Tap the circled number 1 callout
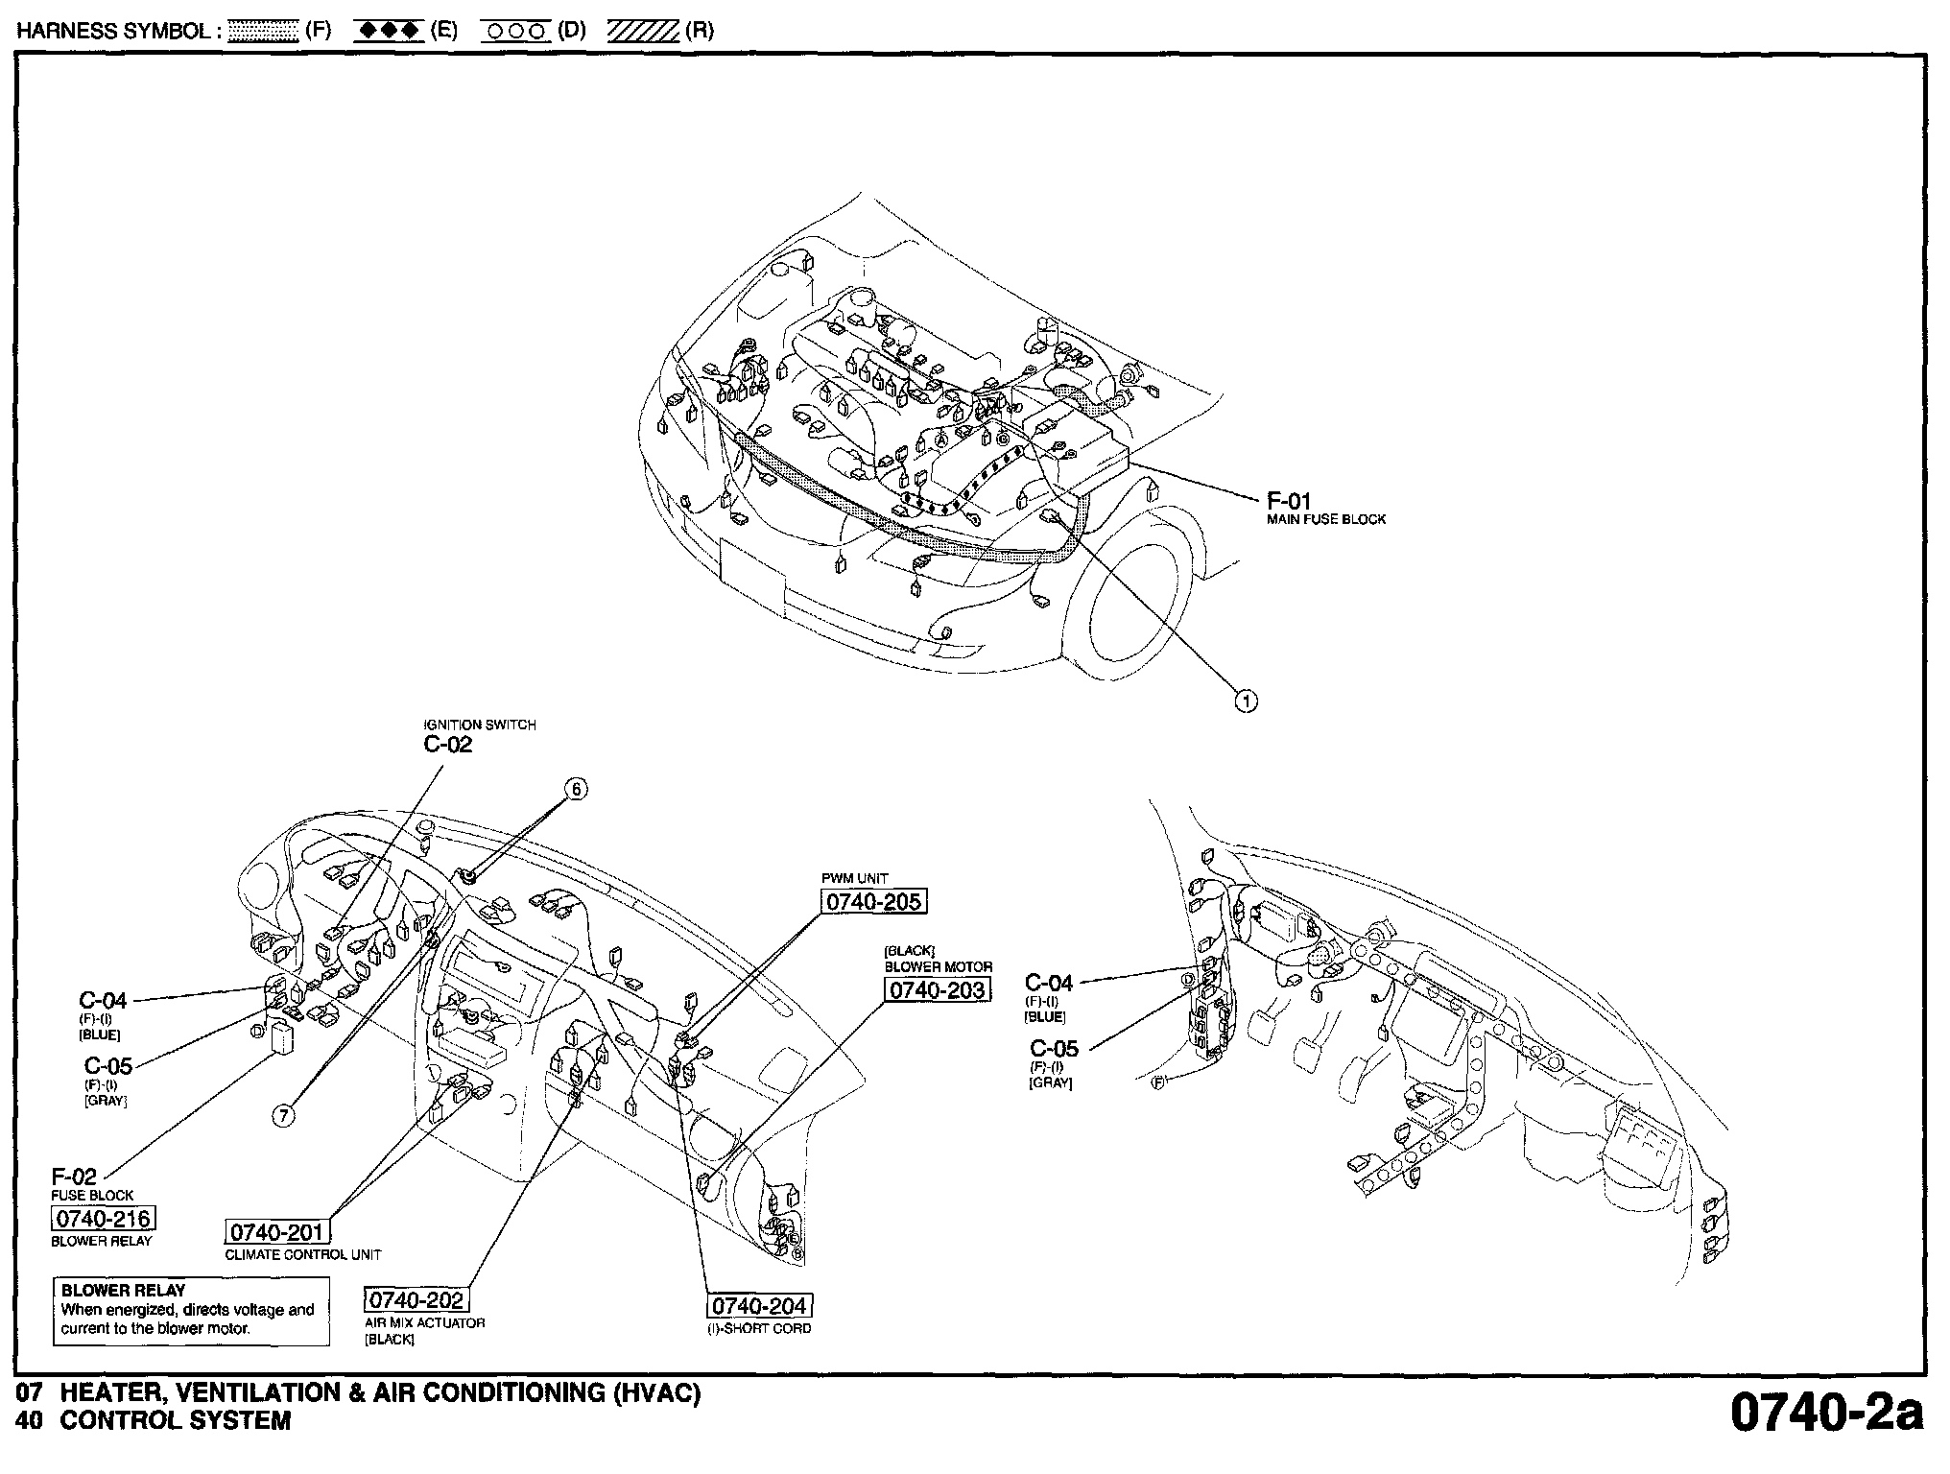coord(1246,701)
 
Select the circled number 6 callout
coord(576,789)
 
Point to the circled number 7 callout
coord(284,1114)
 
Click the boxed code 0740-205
coord(874,902)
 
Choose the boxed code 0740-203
coord(937,990)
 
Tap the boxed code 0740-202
coord(416,1300)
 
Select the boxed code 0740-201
coord(277,1232)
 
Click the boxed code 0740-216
coord(103,1219)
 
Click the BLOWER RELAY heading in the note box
coord(123,1291)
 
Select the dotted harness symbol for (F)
coord(266,31)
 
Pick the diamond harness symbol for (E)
coord(388,31)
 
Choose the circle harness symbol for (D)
coord(517,31)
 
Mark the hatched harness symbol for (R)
coord(643,31)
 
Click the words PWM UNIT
coord(855,878)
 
